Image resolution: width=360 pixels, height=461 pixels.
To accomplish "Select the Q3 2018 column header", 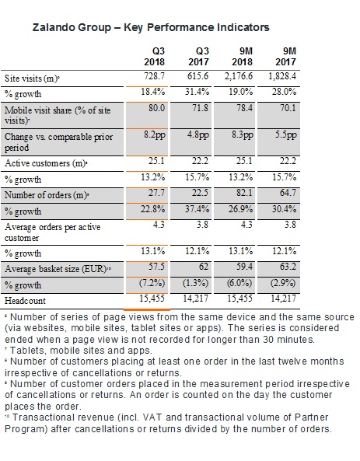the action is coord(155,57).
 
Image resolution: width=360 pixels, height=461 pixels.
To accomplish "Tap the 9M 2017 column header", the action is coord(285,57).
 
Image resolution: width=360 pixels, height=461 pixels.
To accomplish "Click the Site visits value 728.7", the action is coord(155,76).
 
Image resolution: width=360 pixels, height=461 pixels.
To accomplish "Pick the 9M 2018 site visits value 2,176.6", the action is coord(238,76).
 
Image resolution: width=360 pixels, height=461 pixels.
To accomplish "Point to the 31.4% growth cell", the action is coord(197,92).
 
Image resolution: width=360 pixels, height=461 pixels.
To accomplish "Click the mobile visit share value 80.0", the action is coord(156,108).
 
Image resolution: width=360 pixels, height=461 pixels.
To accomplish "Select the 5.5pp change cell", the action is coord(286,135).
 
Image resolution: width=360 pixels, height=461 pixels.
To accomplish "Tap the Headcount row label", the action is coord(25,301).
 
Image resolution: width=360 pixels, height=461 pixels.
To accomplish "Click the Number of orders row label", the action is coord(47,195).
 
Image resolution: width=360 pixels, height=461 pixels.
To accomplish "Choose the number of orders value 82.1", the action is coord(246,193).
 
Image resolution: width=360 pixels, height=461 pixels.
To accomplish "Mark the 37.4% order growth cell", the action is coord(197,209).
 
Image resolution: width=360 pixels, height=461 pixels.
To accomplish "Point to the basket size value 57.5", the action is coord(157,267).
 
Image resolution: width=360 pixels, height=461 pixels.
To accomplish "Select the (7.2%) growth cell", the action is coord(152,283).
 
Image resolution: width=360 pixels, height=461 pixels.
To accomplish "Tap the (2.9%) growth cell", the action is coord(283,283).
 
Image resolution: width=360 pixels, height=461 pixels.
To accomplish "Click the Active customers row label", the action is coord(46,163).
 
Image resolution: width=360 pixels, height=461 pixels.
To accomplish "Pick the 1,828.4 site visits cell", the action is coord(282,76).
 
